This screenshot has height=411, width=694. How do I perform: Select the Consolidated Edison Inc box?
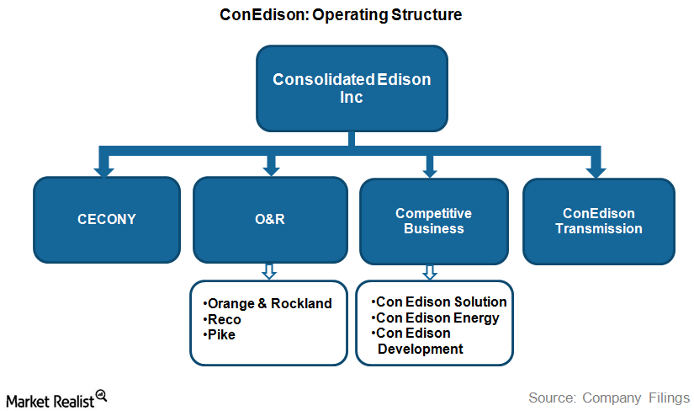tap(352, 88)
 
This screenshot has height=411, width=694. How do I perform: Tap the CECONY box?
tap(107, 220)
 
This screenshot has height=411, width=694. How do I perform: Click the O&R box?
tap(269, 220)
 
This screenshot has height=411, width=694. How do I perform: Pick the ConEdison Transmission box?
tap(598, 221)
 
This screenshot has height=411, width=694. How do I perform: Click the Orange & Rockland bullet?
tap(268, 303)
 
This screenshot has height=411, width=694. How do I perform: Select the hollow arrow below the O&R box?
tap(269, 271)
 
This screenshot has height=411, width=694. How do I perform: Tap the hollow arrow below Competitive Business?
tap(430, 271)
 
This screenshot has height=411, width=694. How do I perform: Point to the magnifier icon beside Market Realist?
tap(102, 395)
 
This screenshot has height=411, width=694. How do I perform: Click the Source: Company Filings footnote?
tap(608, 398)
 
